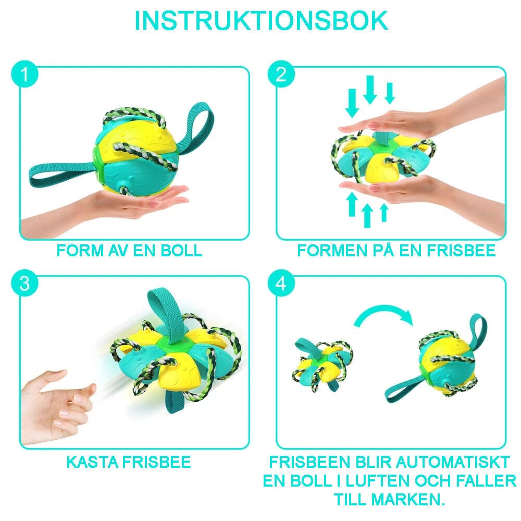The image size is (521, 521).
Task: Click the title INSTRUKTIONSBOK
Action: pos(260,20)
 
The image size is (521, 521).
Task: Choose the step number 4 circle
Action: pos(281,284)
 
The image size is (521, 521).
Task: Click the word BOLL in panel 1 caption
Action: pos(182,251)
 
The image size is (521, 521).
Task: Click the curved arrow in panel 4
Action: pos(383,317)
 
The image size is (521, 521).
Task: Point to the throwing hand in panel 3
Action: pos(58,401)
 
